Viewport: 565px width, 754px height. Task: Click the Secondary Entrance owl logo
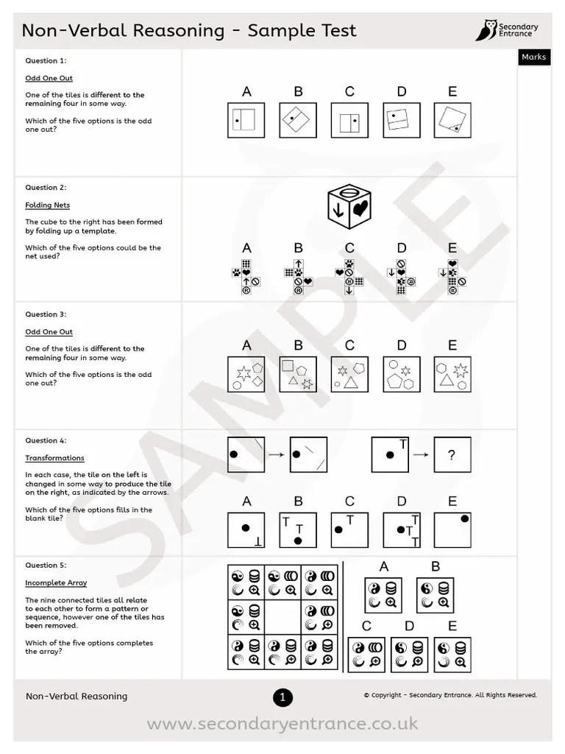[x=486, y=31]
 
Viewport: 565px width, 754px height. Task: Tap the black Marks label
[x=533, y=57]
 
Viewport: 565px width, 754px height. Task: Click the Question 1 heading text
[x=46, y=61]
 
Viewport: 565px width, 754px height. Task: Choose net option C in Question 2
[x=349, y=276]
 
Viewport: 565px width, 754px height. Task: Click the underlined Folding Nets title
[x=47, y=205]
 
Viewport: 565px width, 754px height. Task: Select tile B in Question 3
[x=298, y=374]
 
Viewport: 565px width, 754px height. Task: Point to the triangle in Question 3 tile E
[x=446, y=380]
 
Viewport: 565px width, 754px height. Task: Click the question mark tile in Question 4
[x=452, y=456]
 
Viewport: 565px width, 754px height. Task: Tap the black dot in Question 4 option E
[x=465, y=519]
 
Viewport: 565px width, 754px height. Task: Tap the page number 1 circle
[x=282, y=697]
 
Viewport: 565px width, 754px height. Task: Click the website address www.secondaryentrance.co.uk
[x=282, y=725]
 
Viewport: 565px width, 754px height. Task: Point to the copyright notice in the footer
[x=450, y=695]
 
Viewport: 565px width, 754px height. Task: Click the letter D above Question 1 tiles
[x=401, y=92]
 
